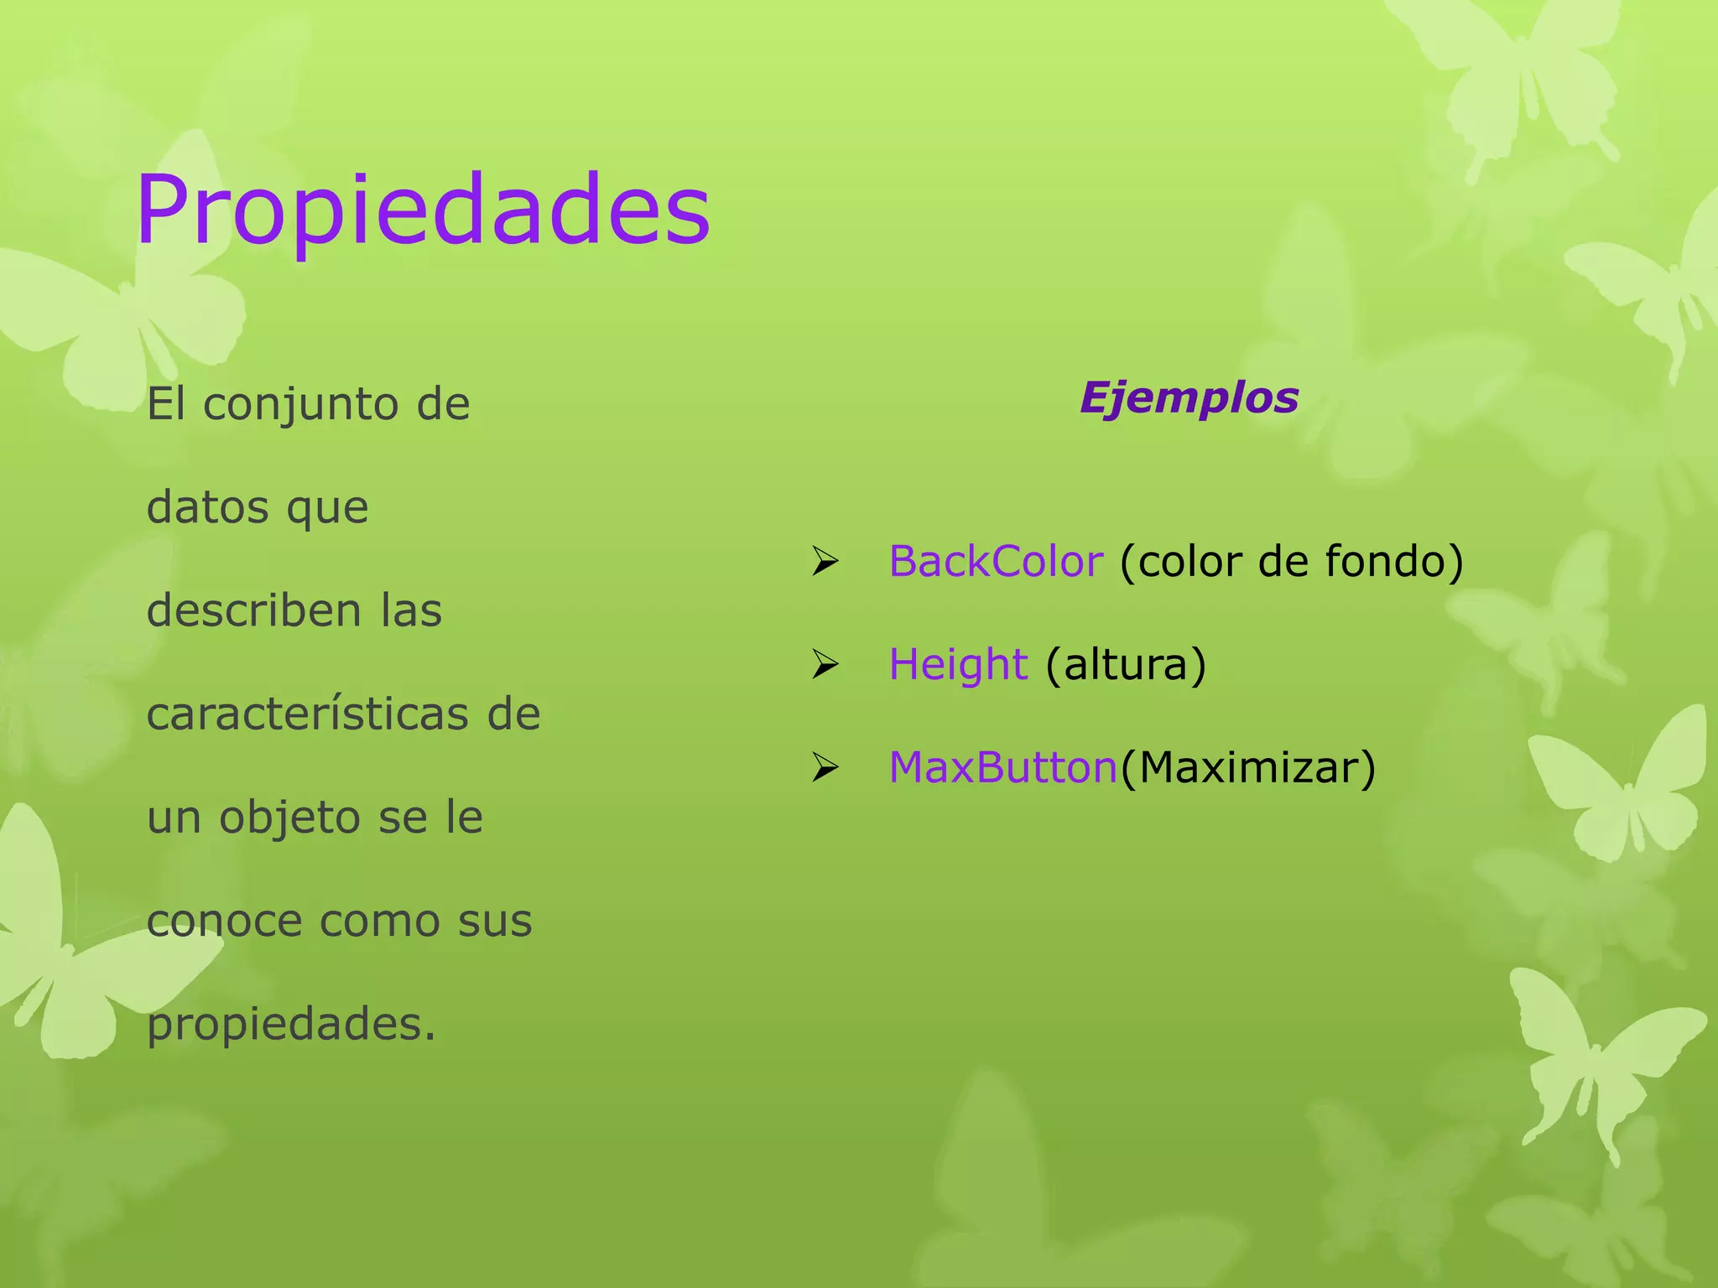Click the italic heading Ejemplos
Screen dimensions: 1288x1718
point(1189,397)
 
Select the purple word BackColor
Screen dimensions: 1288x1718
point(996,561)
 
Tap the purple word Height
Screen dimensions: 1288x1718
point(958,665)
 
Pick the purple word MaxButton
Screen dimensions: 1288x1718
point(1003,767)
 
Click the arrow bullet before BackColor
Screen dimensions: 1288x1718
point(825,562)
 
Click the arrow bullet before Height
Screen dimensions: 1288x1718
point(825,666)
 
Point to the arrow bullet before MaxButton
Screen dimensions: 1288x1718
point(825,768)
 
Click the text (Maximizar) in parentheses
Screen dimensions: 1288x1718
point(1248,768)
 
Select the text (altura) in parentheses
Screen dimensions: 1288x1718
point(1126,665)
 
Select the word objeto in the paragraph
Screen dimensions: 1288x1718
point(290,818)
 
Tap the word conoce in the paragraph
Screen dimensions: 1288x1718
point(223,921)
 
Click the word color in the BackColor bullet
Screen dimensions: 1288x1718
point(1187,561)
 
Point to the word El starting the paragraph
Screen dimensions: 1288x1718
point(164,404)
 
